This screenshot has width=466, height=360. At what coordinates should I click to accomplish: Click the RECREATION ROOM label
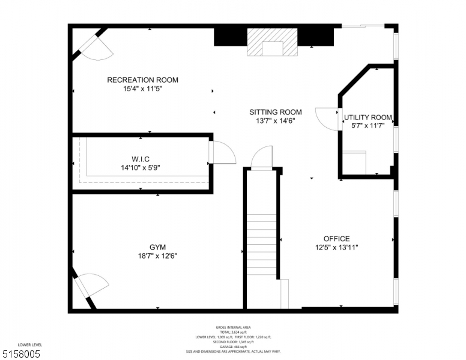tap(142, 80)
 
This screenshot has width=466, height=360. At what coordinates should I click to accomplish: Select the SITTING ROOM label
tap(276, 112)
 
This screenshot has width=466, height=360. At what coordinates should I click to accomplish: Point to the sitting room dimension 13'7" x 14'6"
tap(276, 121)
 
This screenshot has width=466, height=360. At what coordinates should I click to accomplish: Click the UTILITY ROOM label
tap(368, 118)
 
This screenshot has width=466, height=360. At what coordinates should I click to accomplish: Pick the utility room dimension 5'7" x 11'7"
tap(368, 126)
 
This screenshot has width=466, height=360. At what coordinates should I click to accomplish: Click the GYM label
tap(157, 247)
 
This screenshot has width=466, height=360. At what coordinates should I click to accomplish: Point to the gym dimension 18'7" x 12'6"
tap(157, 256)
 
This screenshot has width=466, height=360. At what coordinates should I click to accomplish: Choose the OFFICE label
tap(336, 239)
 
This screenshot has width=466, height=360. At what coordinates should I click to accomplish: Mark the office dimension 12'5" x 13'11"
tap(336, 247)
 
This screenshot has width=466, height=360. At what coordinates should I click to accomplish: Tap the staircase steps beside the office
tap(261, 246)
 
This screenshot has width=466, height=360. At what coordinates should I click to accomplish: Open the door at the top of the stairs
tap(262, 160)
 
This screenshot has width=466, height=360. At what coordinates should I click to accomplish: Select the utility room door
tap(328, 118)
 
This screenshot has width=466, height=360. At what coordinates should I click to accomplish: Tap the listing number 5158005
tap(21, 354)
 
